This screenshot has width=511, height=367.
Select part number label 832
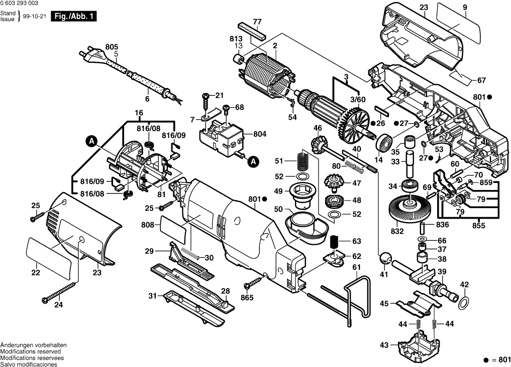[x=397, y=231]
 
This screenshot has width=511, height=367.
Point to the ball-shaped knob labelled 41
[x=385, y=258]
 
